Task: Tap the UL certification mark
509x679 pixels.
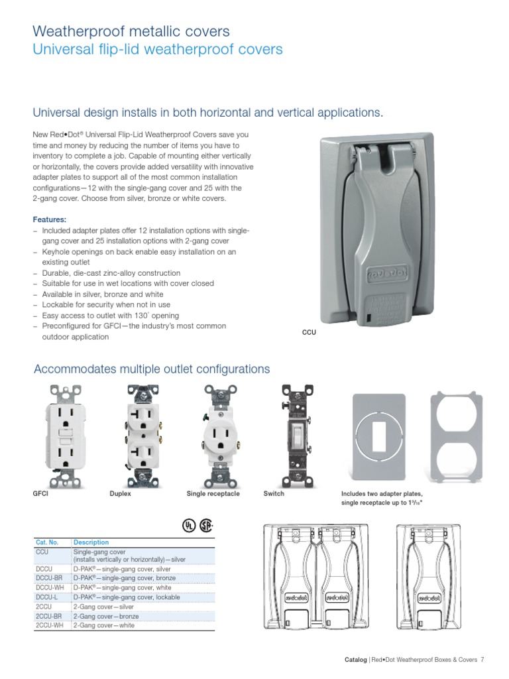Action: coord(189,525)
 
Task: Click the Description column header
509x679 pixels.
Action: coord(91,542)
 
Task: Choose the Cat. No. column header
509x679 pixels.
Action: coord(47,542)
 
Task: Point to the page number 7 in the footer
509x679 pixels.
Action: coord(482,659)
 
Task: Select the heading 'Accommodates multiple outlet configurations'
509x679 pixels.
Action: coord(152,369)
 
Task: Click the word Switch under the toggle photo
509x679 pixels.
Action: coord(274,494)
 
